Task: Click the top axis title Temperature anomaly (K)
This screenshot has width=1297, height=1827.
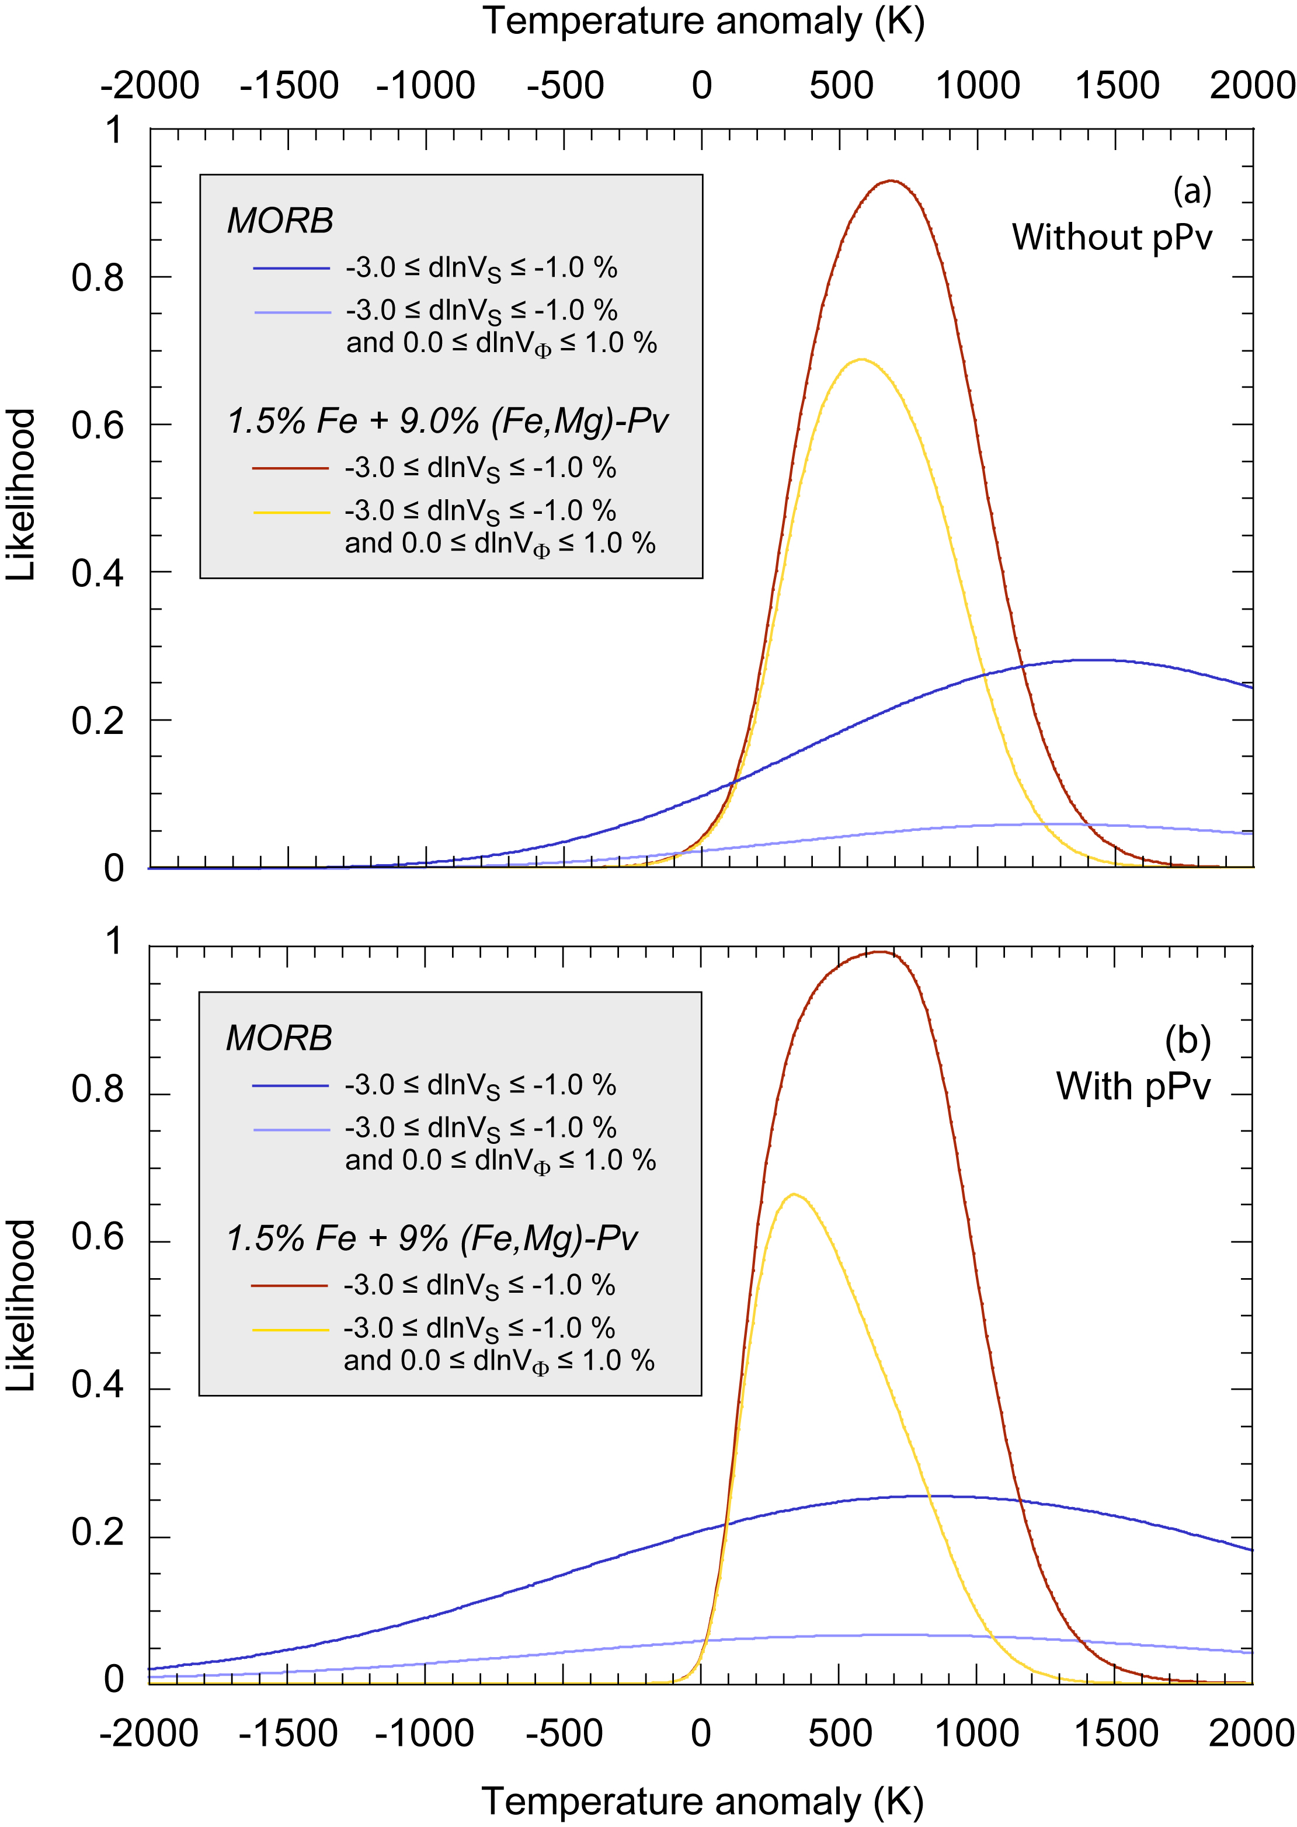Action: (703, 22)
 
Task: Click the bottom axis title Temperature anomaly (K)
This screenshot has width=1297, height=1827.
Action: (703, 1801)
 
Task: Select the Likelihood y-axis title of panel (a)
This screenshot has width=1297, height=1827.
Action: (22, 495)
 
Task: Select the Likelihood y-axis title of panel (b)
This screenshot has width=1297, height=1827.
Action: (22, 1306)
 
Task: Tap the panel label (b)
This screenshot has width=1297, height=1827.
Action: (1188, 1040)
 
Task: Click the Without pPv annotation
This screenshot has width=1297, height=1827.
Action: (1112, 237)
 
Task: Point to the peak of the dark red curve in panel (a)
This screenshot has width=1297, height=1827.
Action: (891, 181)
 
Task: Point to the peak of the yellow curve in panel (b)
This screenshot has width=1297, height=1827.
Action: (793, 1195)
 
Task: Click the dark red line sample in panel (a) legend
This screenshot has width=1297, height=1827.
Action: (291, 468)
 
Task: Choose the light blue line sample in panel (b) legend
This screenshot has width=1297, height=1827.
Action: (291, 1129)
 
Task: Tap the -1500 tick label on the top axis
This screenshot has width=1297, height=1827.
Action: (289, 85)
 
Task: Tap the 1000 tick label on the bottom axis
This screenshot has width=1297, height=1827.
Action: (977, 1734)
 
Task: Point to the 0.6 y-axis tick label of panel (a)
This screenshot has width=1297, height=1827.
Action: (98, 425)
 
